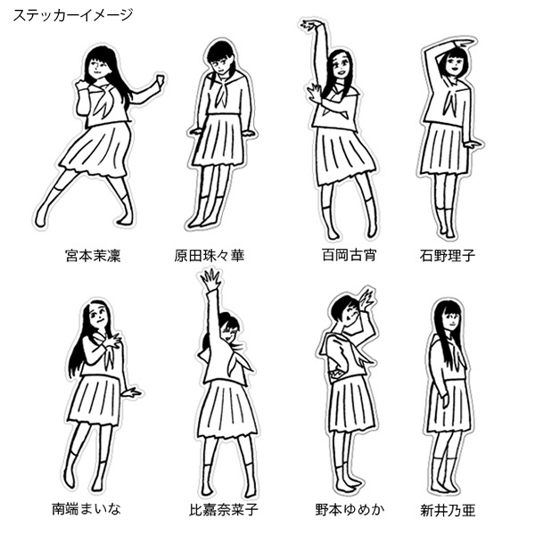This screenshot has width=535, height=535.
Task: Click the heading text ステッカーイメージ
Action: coord(73,15)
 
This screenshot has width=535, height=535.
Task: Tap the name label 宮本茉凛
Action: coord(93,256)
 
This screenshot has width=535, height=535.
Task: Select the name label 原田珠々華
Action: coord(210,256)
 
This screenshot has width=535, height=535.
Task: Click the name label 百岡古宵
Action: coord(349,255)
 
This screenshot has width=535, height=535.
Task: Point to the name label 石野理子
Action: coord(448,256)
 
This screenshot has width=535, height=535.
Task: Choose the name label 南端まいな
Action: coord(86,509)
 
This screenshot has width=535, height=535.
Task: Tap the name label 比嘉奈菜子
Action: coord(224,510)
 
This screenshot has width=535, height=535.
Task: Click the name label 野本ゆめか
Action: coord(350,509)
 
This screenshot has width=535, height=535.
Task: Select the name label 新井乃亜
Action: coord(448,510)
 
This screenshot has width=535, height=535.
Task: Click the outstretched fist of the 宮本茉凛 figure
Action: coord(159,80)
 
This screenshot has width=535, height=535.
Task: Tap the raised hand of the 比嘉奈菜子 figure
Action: coord(210,279)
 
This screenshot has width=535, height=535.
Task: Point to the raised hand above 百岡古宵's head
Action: coord(310,25)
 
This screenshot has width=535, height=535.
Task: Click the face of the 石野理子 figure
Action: coord(454,65)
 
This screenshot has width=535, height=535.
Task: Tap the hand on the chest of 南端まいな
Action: coord(111,342)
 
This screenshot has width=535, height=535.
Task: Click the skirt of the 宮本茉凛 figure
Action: coord(96,149)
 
